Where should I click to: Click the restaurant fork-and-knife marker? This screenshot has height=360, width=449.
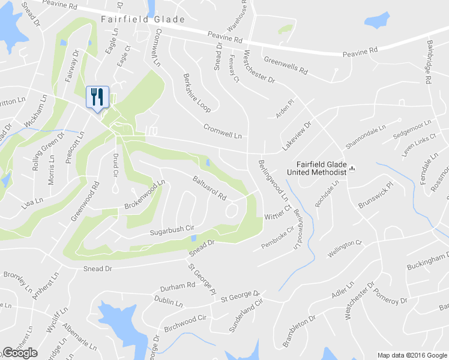pyautogui.click(x=97, y=97)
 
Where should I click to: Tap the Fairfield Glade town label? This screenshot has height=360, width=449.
pyautogui.click(x=143, y=19)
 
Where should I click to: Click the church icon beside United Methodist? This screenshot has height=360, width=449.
pyautogui.click(x=354, y=169)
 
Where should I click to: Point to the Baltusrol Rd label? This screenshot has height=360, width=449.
pyautogui.click(x=209, y=188)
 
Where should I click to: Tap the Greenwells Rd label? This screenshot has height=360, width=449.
pyautogui.click(x=286, y=67)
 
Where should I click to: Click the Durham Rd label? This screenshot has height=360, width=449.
pyautogui.click(x=178, y=287)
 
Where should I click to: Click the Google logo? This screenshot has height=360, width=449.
pyautogui.click(x=20, y=353)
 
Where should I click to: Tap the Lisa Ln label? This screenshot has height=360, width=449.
pyautogui.click(x=31, y=201)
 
